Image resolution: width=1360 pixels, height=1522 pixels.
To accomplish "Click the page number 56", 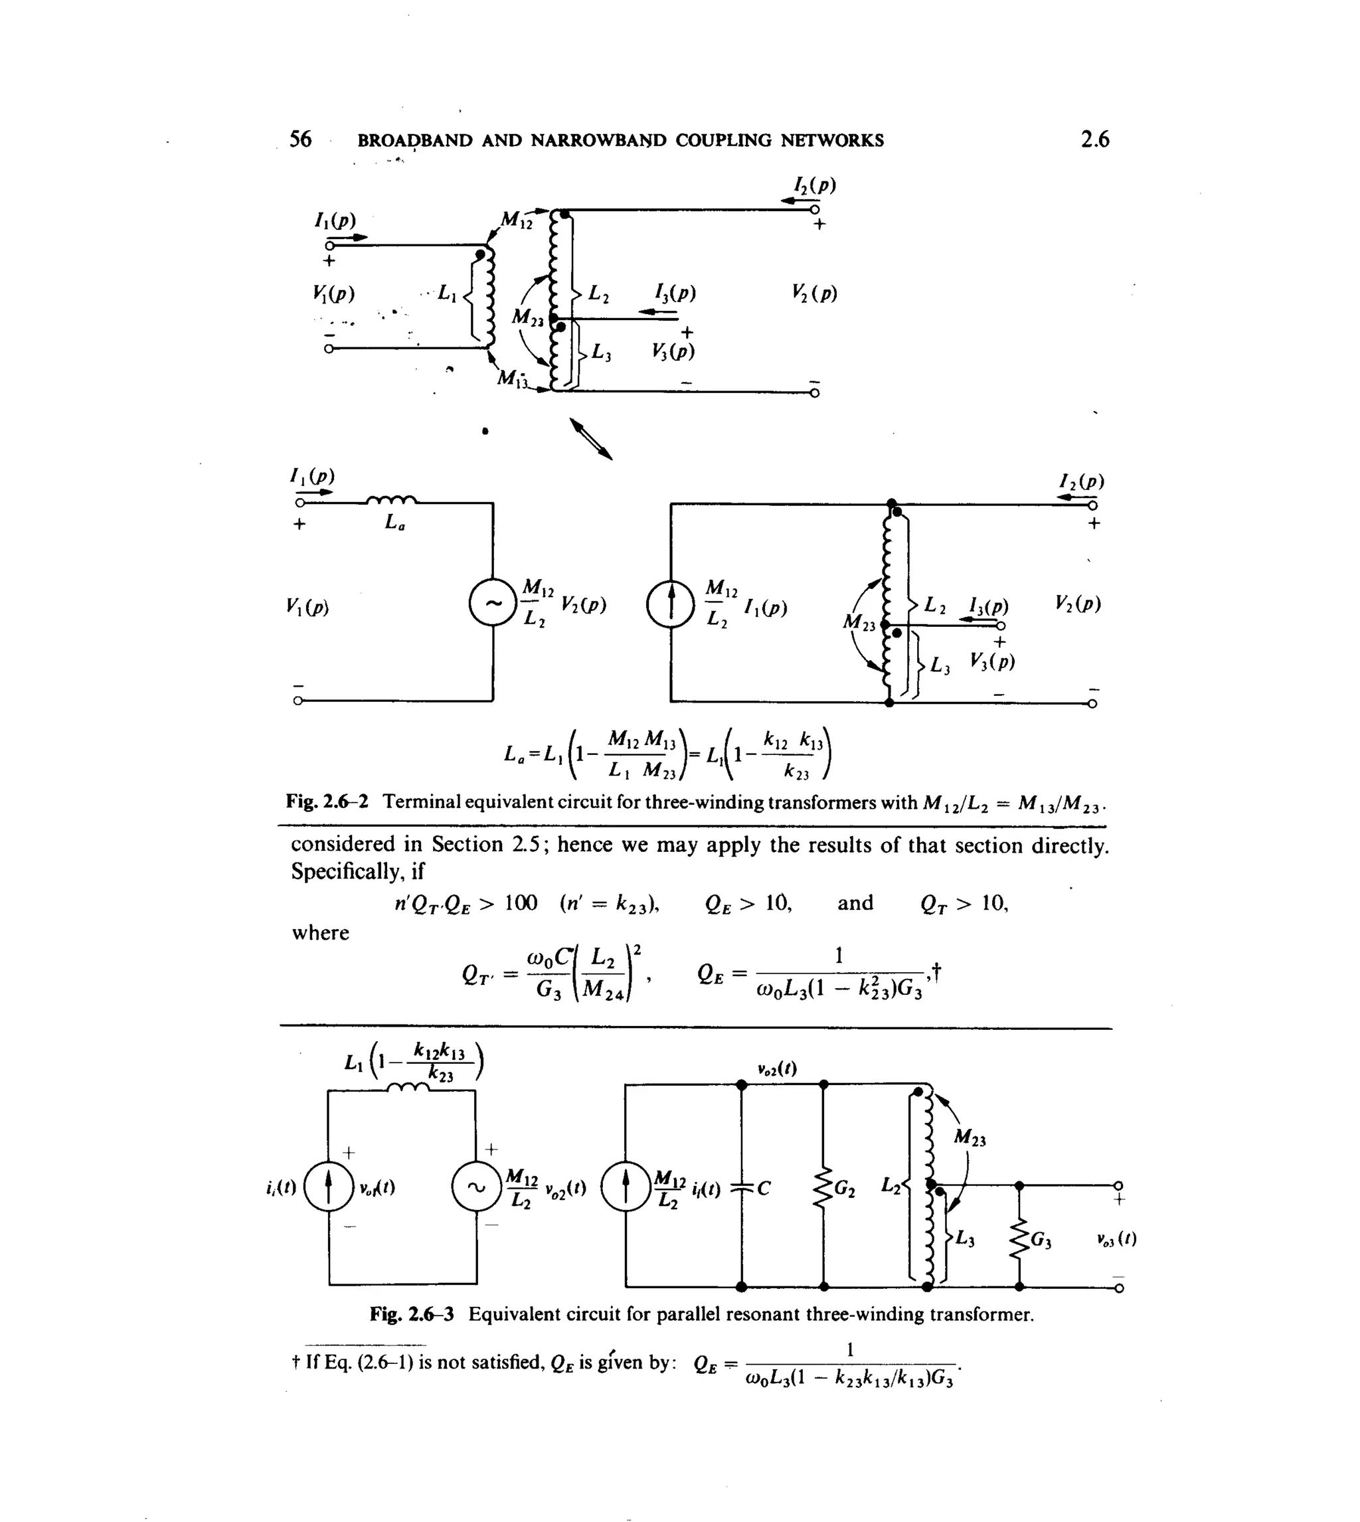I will [300, 139].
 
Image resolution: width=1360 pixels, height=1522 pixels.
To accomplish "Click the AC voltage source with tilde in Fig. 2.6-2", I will [493, 604].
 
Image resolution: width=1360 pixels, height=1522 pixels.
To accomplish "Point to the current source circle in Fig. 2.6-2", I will [671, 604].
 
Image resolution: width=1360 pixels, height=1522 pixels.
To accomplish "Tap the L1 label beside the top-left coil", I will [446, 294].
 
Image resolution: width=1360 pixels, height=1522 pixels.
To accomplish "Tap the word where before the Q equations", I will [321, 932].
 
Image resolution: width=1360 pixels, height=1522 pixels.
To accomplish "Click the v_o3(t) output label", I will [1116, 1240].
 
